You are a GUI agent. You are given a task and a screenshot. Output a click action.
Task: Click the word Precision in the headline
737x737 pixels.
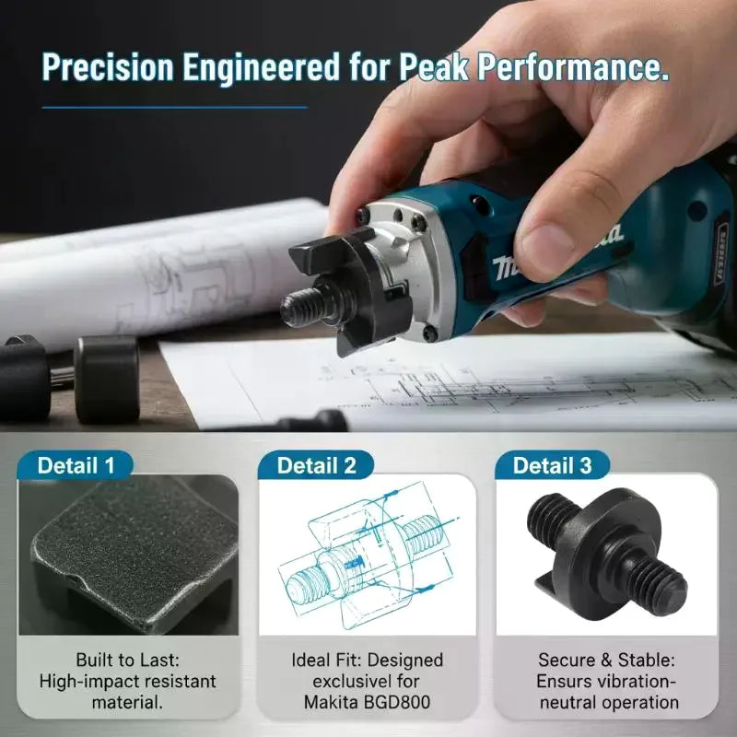(108, 67)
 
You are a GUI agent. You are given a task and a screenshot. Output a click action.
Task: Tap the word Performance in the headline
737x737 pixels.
(573, 67)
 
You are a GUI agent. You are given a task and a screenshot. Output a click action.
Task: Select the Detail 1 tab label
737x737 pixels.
(76, 465)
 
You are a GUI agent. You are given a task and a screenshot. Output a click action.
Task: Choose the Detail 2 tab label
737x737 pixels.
(316, 465)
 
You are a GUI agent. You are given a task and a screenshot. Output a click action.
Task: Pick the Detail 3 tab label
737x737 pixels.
(552, 465)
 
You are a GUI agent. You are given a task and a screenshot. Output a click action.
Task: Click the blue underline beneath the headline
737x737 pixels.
(175, 108)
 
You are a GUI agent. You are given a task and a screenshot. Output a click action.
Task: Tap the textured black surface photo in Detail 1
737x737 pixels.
(128, 555)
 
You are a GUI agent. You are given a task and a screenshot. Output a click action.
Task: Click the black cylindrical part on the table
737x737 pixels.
(107, 379)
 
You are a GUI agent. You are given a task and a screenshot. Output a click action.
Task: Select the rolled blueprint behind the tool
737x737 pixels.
(165, 273)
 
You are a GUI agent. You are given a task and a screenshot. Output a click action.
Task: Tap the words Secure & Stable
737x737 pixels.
(606, 660)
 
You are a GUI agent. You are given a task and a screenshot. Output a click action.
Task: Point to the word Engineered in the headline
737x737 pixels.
(261, 67)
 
